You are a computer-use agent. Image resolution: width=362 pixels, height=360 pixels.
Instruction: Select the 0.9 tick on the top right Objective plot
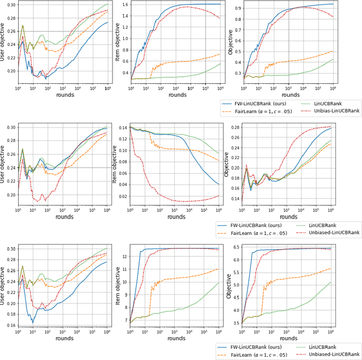pos(238,9)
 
